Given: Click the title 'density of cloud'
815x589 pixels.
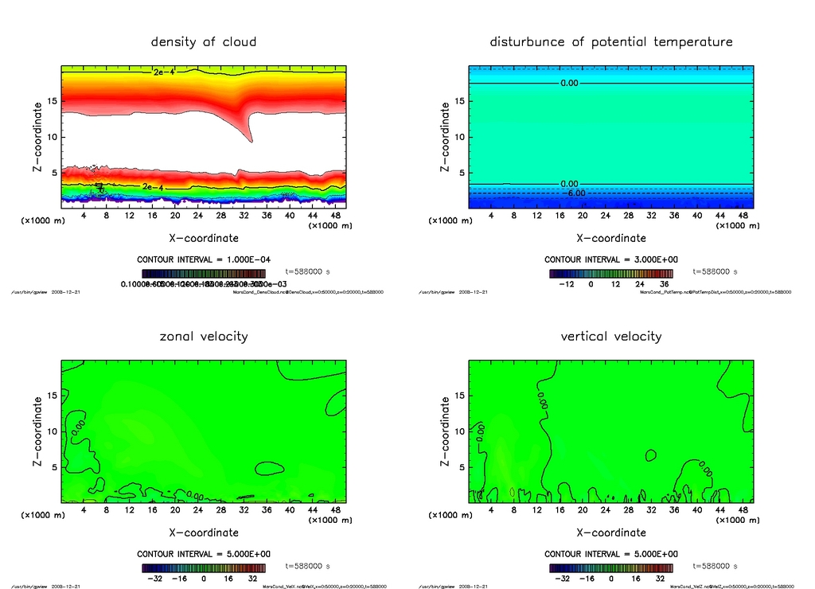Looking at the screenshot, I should click(204, 41).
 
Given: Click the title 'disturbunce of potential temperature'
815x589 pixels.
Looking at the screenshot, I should click(611, 41).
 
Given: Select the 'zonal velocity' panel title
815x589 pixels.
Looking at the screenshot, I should click(204, 336).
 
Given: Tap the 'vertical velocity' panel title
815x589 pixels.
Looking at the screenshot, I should click(611, 336).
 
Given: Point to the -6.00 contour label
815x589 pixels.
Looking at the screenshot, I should click(575, 193).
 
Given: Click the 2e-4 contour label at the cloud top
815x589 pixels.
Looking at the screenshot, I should click(163, 72).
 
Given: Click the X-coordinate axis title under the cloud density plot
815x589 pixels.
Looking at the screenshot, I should click(204, 237).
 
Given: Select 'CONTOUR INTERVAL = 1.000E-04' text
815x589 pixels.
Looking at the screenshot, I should click(204, 259).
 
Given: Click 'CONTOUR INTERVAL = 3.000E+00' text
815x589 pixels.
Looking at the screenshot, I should click(611, 259).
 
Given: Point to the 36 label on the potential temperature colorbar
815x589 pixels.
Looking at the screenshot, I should click(662, 283).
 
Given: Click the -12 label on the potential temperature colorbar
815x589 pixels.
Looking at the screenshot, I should click(567, 283).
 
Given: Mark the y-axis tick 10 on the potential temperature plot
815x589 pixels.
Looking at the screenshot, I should click(459, 137).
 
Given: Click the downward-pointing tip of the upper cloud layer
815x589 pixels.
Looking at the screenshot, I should click(252, 142).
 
